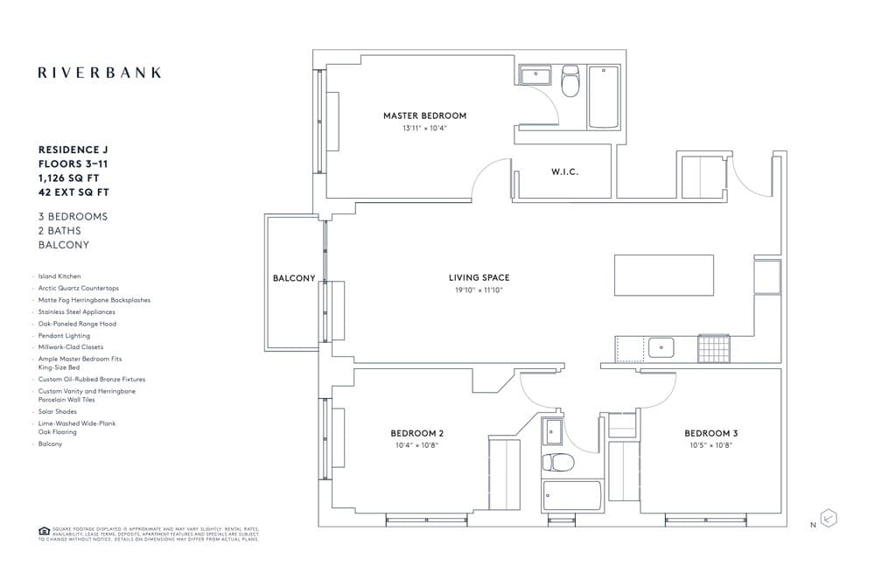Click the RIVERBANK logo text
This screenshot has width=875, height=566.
pos(100,73)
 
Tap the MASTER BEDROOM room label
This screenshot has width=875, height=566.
pos(424,115)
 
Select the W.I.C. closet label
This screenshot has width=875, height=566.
pos(564,172)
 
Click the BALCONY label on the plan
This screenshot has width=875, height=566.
pos(294,278)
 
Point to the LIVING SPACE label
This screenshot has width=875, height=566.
pos(478,277)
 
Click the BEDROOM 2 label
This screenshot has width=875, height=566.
pos(416,433)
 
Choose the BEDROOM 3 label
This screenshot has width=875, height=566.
pos(710,433)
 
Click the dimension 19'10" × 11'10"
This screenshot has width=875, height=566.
pos(478,290)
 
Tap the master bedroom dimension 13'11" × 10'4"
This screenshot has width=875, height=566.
pos(424,128)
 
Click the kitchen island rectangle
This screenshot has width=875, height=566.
pos(663,275)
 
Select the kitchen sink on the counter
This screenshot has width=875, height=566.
pos(661,347)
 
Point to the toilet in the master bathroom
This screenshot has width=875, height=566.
pos(570,81)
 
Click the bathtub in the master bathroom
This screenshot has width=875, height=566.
pos(604,97)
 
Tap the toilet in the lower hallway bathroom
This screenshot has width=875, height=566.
pos(556,461)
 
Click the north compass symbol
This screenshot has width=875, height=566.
pos(829,518)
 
